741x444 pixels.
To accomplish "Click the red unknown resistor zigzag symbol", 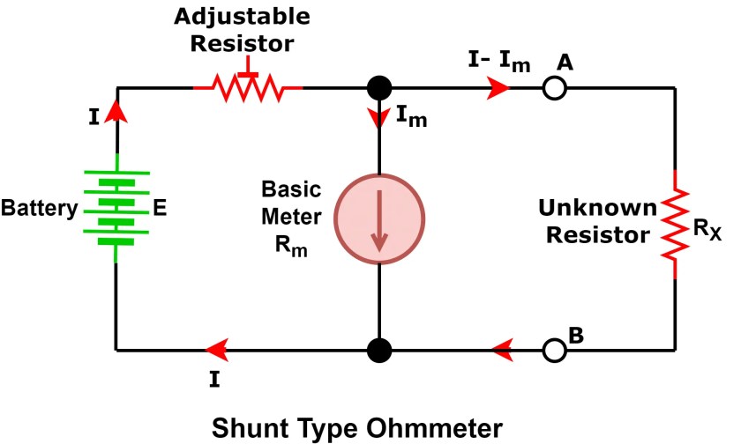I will pos(675,224).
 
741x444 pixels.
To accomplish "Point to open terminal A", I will pos(555,88).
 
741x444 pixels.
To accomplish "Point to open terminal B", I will pos(555,350).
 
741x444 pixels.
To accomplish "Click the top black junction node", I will pos(379,88).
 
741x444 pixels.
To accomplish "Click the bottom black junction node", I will pos(379,350).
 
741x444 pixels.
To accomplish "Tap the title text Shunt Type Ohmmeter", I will pos(357,426).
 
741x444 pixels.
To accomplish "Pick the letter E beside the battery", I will pos(161,210).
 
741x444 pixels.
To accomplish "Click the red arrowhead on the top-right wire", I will pos(498,88).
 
